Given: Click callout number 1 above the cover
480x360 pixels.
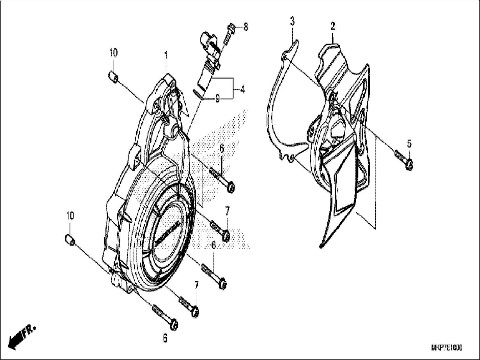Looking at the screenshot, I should tap(166, 56).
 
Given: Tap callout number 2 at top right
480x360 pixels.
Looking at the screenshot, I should tap(333, 27).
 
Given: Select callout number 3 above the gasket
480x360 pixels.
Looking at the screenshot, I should tap(292, 22).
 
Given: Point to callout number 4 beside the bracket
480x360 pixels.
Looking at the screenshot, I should tap(242, 90).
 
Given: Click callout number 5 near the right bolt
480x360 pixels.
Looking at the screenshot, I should tap(409, 144).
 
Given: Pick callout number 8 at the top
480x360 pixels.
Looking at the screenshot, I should tap(246, 27).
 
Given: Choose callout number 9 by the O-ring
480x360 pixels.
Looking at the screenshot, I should tap(217, 99).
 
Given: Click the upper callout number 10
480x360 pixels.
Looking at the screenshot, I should tap(113, 53).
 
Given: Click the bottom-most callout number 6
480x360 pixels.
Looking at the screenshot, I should tap(165, 338).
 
